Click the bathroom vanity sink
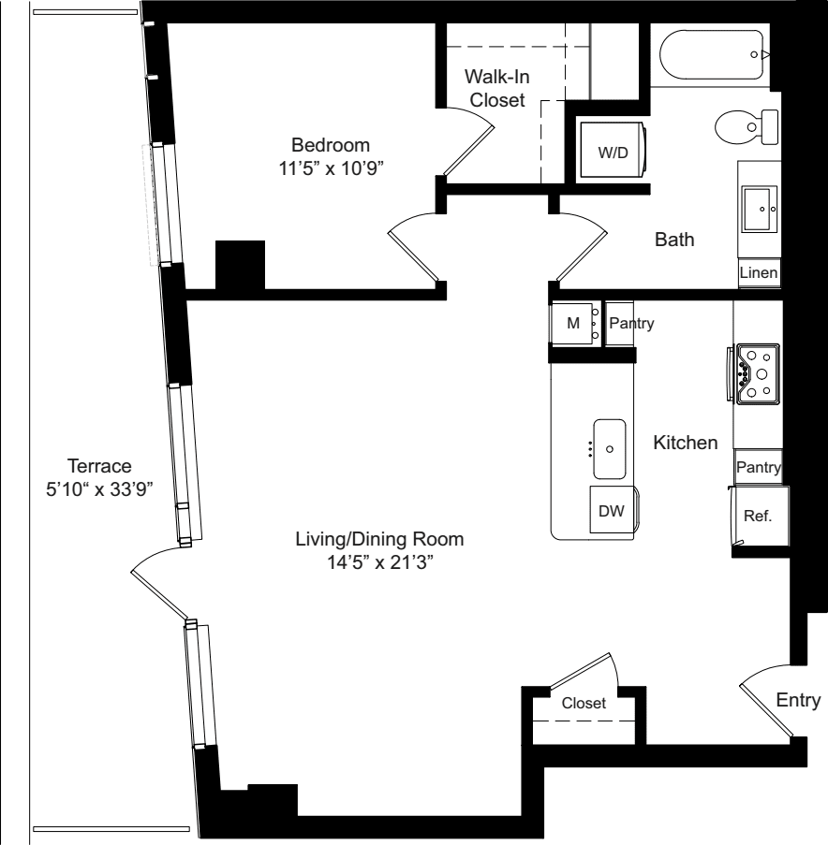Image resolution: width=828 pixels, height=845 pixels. tap(759, 209)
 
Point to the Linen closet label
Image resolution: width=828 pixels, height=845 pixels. tap(759, 273)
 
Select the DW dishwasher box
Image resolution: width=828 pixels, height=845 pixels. tap(610, 511)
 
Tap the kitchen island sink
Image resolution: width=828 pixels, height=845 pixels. tap(610, 448)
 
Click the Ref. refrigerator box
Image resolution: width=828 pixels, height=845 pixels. tap(757, 516)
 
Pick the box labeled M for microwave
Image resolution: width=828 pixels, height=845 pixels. tap(574, 324)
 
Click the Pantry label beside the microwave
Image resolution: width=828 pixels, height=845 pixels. tap(630, 324)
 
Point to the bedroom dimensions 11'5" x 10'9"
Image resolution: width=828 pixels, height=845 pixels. tap(331, 168)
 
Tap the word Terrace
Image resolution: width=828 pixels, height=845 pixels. tap(99, 465)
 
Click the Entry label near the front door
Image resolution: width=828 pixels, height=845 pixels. tap(798, 700)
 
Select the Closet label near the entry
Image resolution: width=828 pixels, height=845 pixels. tap(584, 703)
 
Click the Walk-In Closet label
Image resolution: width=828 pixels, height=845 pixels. tap(497, 88)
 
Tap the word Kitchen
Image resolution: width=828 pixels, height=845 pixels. tap(686, 443)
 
